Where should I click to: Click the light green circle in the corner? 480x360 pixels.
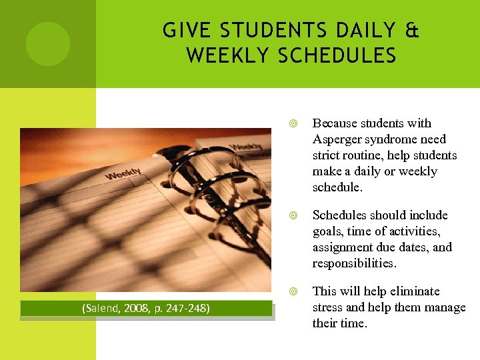(x=47, y=44)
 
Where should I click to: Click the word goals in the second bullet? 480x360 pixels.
(x=328, y=231)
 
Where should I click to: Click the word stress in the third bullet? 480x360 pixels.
(x=328, y=307)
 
